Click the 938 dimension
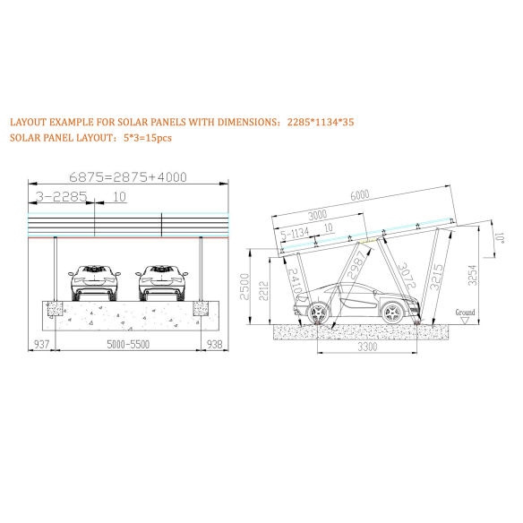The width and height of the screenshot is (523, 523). (x=215, y=343)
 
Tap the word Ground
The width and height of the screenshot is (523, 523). (x=465, y=313)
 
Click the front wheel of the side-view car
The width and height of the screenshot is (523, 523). (x=390, y=313)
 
